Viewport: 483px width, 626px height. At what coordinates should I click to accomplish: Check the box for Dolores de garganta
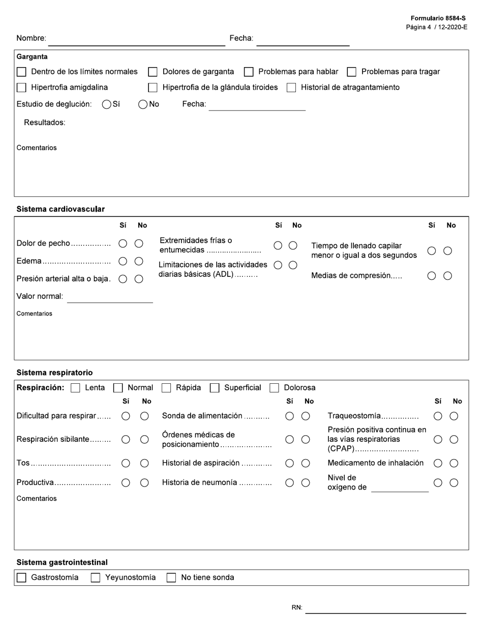(153, 72)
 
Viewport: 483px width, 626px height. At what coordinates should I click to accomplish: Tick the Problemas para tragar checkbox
(351, 72)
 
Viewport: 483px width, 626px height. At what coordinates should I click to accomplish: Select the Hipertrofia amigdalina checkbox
(21, 88)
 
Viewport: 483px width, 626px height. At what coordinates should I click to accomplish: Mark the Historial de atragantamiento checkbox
(291, 88)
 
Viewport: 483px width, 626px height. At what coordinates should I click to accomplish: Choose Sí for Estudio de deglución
(107, 104)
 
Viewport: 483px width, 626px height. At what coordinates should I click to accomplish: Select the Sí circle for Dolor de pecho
(123, 244)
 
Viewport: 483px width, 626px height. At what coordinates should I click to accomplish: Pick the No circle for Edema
(139, 261)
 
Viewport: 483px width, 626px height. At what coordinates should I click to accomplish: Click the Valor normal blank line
(110, 298)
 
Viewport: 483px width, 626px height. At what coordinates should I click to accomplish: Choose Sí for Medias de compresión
(432, 276)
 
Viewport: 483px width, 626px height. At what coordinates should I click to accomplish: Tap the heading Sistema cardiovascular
(61, 209)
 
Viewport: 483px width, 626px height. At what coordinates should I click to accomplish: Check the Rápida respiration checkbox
(166, 388)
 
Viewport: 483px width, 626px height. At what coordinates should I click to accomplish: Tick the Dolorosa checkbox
(274, 388)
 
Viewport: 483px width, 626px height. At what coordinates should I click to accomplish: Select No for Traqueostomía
(454, 416)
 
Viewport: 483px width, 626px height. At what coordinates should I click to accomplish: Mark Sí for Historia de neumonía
(289, 483)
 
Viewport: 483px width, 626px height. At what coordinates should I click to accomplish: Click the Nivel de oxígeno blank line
(400, 488)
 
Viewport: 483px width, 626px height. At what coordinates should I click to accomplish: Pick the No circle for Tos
(144, 463)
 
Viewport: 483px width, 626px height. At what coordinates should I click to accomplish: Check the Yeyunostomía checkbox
(96, 578)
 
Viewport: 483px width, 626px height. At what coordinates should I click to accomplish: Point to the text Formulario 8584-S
(438, 18)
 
